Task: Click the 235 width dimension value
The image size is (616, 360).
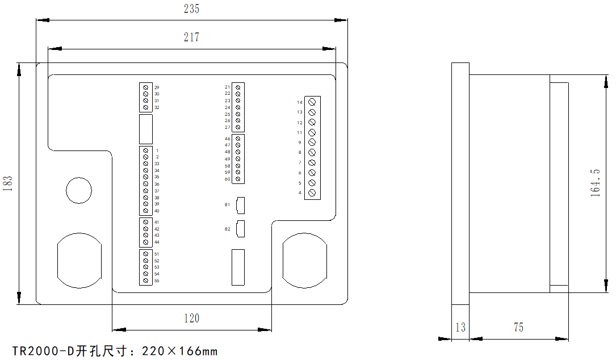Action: (x=192, y=9)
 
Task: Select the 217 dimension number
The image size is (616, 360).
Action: (x=192, y=37)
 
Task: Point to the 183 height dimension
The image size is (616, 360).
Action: (x=8, y=183)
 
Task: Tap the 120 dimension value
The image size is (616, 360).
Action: (x=192, y=319)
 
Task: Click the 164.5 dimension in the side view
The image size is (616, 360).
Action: (x=596, y=182)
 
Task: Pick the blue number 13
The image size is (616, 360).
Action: (x=460, y=328)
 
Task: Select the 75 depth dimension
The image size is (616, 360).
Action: (x=518, y=328)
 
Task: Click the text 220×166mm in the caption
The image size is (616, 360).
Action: (x=179, y=351)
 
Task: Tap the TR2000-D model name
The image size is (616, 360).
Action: (x=43, y=351)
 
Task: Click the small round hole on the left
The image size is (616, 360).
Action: (x=79, y=190)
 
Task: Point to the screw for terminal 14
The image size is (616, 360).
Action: (x=312, y=103)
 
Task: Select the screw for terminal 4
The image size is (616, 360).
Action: (x=312, y=193)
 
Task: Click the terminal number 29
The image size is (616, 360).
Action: (x=157, y=87)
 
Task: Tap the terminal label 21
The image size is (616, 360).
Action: (x=227, y=87)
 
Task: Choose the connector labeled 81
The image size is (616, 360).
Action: (x=241, y=204)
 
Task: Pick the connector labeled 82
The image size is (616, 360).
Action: (x=241, y=228)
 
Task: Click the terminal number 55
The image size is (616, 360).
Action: (x=157, y=281)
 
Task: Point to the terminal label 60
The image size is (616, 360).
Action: (x=227, y=179)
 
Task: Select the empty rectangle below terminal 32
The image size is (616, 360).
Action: (x=146, y=129)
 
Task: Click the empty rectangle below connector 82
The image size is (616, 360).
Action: (x=238, y=267)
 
